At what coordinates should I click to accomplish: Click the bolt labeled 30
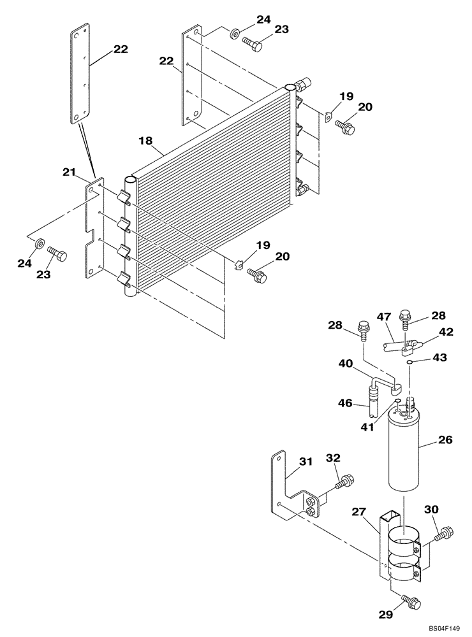click(x=444, y=533)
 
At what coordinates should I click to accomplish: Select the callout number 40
click(x=345, y=364)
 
